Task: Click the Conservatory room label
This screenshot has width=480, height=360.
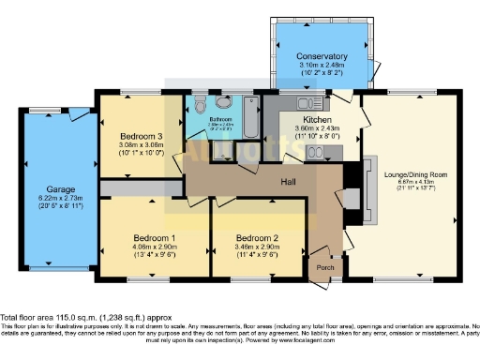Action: point(321,56)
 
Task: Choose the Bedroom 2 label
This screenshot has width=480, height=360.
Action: point(257,236)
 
